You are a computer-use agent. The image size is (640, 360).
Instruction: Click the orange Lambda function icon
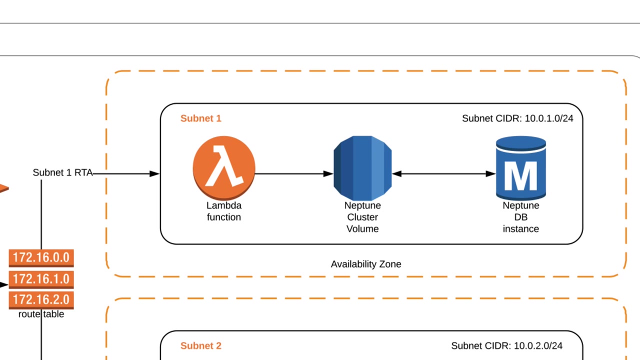pos(224,168)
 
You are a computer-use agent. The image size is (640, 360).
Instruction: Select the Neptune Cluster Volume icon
pos(362,168)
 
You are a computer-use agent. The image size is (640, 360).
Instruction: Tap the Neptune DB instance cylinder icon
pos(520,168)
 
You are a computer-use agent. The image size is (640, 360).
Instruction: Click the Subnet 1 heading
pos(200,118)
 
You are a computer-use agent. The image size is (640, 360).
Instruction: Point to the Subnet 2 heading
pos(200,345)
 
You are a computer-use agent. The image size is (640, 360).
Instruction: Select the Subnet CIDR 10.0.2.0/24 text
pos(506,345)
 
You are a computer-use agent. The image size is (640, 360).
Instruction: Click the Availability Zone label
pos(365,264)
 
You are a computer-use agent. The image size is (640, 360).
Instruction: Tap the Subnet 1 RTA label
pos(62,172)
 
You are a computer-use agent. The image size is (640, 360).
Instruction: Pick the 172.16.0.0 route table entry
pos(41,257)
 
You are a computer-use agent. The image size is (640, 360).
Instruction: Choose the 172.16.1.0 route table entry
pos(41,278)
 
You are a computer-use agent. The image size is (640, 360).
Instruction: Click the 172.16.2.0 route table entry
pos(41,299)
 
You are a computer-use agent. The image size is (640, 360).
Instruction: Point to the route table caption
pos(41,314)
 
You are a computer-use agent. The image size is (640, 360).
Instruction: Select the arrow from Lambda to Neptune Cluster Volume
pos(294,174)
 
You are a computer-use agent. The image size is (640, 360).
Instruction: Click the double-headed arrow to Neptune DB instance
pos(443,174)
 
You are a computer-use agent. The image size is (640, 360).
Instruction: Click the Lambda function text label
pos(224,211)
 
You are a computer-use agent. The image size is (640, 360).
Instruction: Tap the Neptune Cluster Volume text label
pos(362,217)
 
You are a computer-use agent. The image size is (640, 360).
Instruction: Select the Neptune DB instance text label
pos(520,217)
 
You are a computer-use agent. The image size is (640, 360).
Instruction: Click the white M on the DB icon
pos(520,175)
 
